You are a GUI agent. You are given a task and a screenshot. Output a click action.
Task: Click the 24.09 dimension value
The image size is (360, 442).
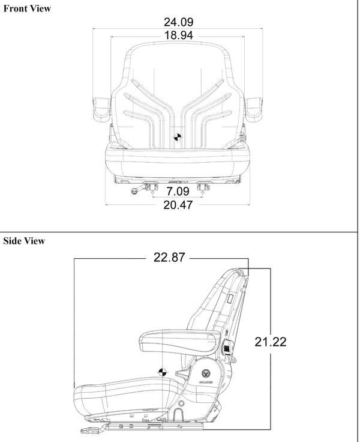[x=179, y=23]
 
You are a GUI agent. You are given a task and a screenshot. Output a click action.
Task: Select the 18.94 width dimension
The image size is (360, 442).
[x=179, y=35]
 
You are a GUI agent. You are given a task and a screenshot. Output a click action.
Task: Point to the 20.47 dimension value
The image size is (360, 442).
[x=179, y=206]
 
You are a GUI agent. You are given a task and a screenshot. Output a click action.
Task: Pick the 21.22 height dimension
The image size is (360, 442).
[x=270, y=342]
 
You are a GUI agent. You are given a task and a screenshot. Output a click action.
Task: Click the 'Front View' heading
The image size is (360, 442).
[x=27, y=8]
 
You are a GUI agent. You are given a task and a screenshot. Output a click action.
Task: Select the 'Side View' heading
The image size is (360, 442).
[x=24, y=241]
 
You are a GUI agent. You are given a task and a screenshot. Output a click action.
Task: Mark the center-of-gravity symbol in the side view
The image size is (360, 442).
[x=162, y=371]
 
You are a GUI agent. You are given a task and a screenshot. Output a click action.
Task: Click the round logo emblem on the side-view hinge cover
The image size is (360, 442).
[x=206, y=372]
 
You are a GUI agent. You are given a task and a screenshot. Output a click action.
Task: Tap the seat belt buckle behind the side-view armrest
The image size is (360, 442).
[x=228, y=348]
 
